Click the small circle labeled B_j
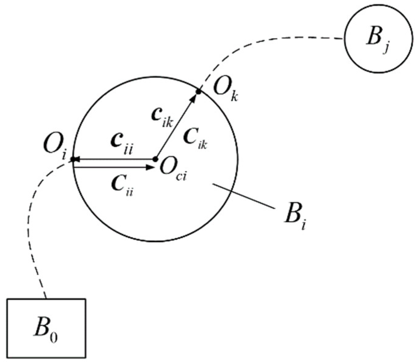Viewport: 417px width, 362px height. [x=378, y=40]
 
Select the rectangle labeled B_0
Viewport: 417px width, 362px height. [x=46, y=328]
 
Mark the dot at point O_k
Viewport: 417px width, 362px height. [x=198, y=91]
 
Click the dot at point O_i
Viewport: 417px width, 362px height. [x=73, y=159]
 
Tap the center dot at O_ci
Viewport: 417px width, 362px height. [x=155, y=159]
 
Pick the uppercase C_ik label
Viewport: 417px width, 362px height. [x=195, y=139]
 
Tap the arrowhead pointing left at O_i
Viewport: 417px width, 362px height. [x=77, y=159]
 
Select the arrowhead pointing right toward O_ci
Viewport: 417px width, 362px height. [x=150, y=167]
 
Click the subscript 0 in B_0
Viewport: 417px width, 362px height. [x=53, y=338]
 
